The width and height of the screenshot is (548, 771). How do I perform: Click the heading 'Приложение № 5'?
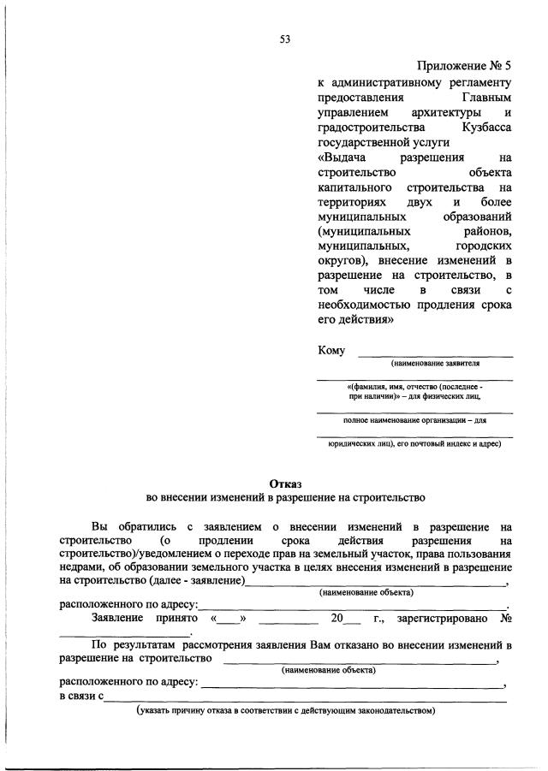pyautogui.click(x=464, y=66)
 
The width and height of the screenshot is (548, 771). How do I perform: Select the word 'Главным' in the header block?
pyautogui.click(x=489, y=98)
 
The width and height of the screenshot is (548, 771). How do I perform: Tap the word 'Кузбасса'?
pyautogui.click(x=485, y=128)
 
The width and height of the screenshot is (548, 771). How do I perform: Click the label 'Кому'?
pyautogui.click(x=331, y=350)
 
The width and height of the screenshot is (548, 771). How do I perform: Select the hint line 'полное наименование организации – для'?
pyautogui.click(x=414, y=420)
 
